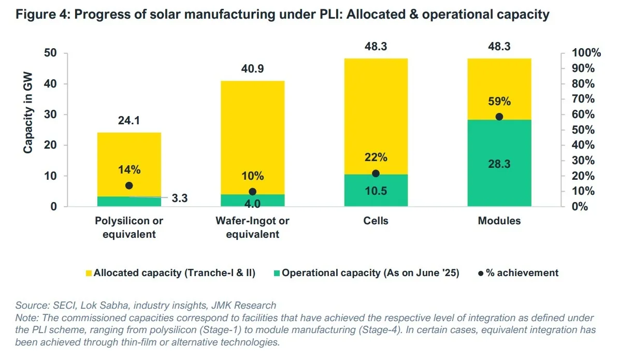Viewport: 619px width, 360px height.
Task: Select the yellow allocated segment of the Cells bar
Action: tap(376, 114)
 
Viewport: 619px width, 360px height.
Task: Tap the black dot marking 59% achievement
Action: tap(499, 117)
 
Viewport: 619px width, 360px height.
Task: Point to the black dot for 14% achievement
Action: tap(129, 185)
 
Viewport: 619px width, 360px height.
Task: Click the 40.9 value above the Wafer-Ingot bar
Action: tap(252, 69)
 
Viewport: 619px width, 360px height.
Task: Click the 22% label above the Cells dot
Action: tap(376, 157)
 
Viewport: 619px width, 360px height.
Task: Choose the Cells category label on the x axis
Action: tap(376, 221)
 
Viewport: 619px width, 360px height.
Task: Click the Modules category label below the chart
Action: tap(499, 221)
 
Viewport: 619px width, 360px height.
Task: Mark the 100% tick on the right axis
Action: tap(586, 53)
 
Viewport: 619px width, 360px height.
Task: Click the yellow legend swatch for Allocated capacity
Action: tap(89, 273)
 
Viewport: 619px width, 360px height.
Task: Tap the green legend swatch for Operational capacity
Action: tap(277, 273)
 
